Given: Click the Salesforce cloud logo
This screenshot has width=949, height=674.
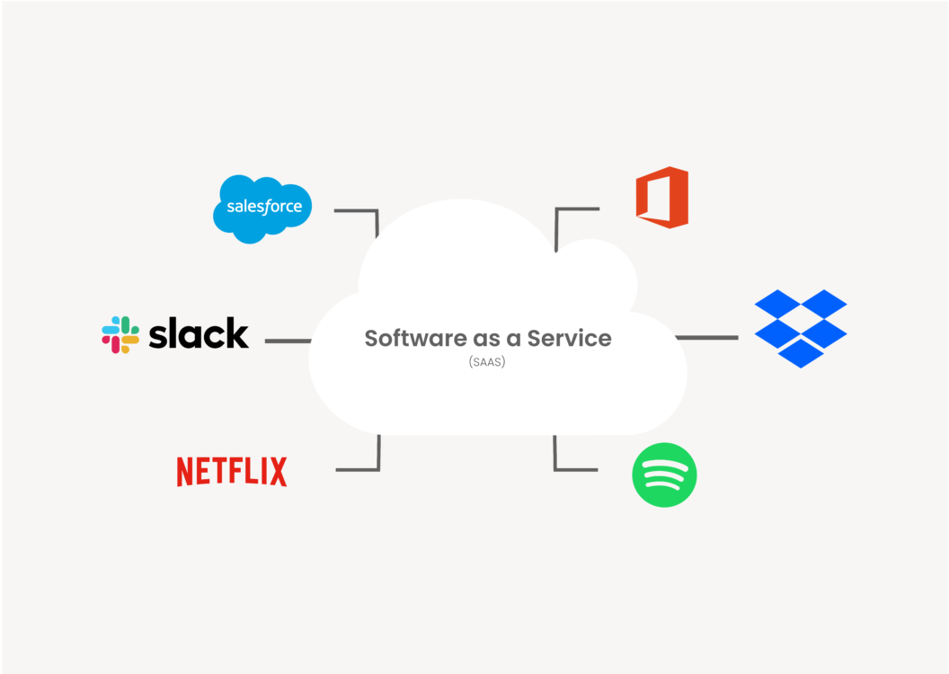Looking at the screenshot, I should coord(262,208).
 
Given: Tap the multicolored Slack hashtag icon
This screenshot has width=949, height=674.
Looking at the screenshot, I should coord(120,334).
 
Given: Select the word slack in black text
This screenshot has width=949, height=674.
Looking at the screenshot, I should coord(198,333).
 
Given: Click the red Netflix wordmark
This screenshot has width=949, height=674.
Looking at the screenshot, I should coord(232,472).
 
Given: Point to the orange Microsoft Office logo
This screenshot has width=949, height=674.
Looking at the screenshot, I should coord(662,197).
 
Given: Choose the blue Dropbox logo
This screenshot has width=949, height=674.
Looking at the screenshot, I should coord(800,328).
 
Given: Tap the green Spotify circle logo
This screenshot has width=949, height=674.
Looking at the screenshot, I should coord(664,475).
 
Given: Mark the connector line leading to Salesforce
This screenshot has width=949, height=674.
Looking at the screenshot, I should coord(355,210).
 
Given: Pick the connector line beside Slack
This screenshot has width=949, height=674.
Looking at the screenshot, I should coord(288,341).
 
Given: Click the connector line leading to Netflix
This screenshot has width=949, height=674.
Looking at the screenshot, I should coord(357,468).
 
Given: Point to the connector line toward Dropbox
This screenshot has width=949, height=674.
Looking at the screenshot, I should coord(706,338).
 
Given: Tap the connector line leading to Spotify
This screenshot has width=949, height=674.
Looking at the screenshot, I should coord(575,468).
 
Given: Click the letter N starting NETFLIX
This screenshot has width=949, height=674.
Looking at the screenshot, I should coord(186,472).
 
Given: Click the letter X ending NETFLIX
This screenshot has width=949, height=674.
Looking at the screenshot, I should coord(277,472).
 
